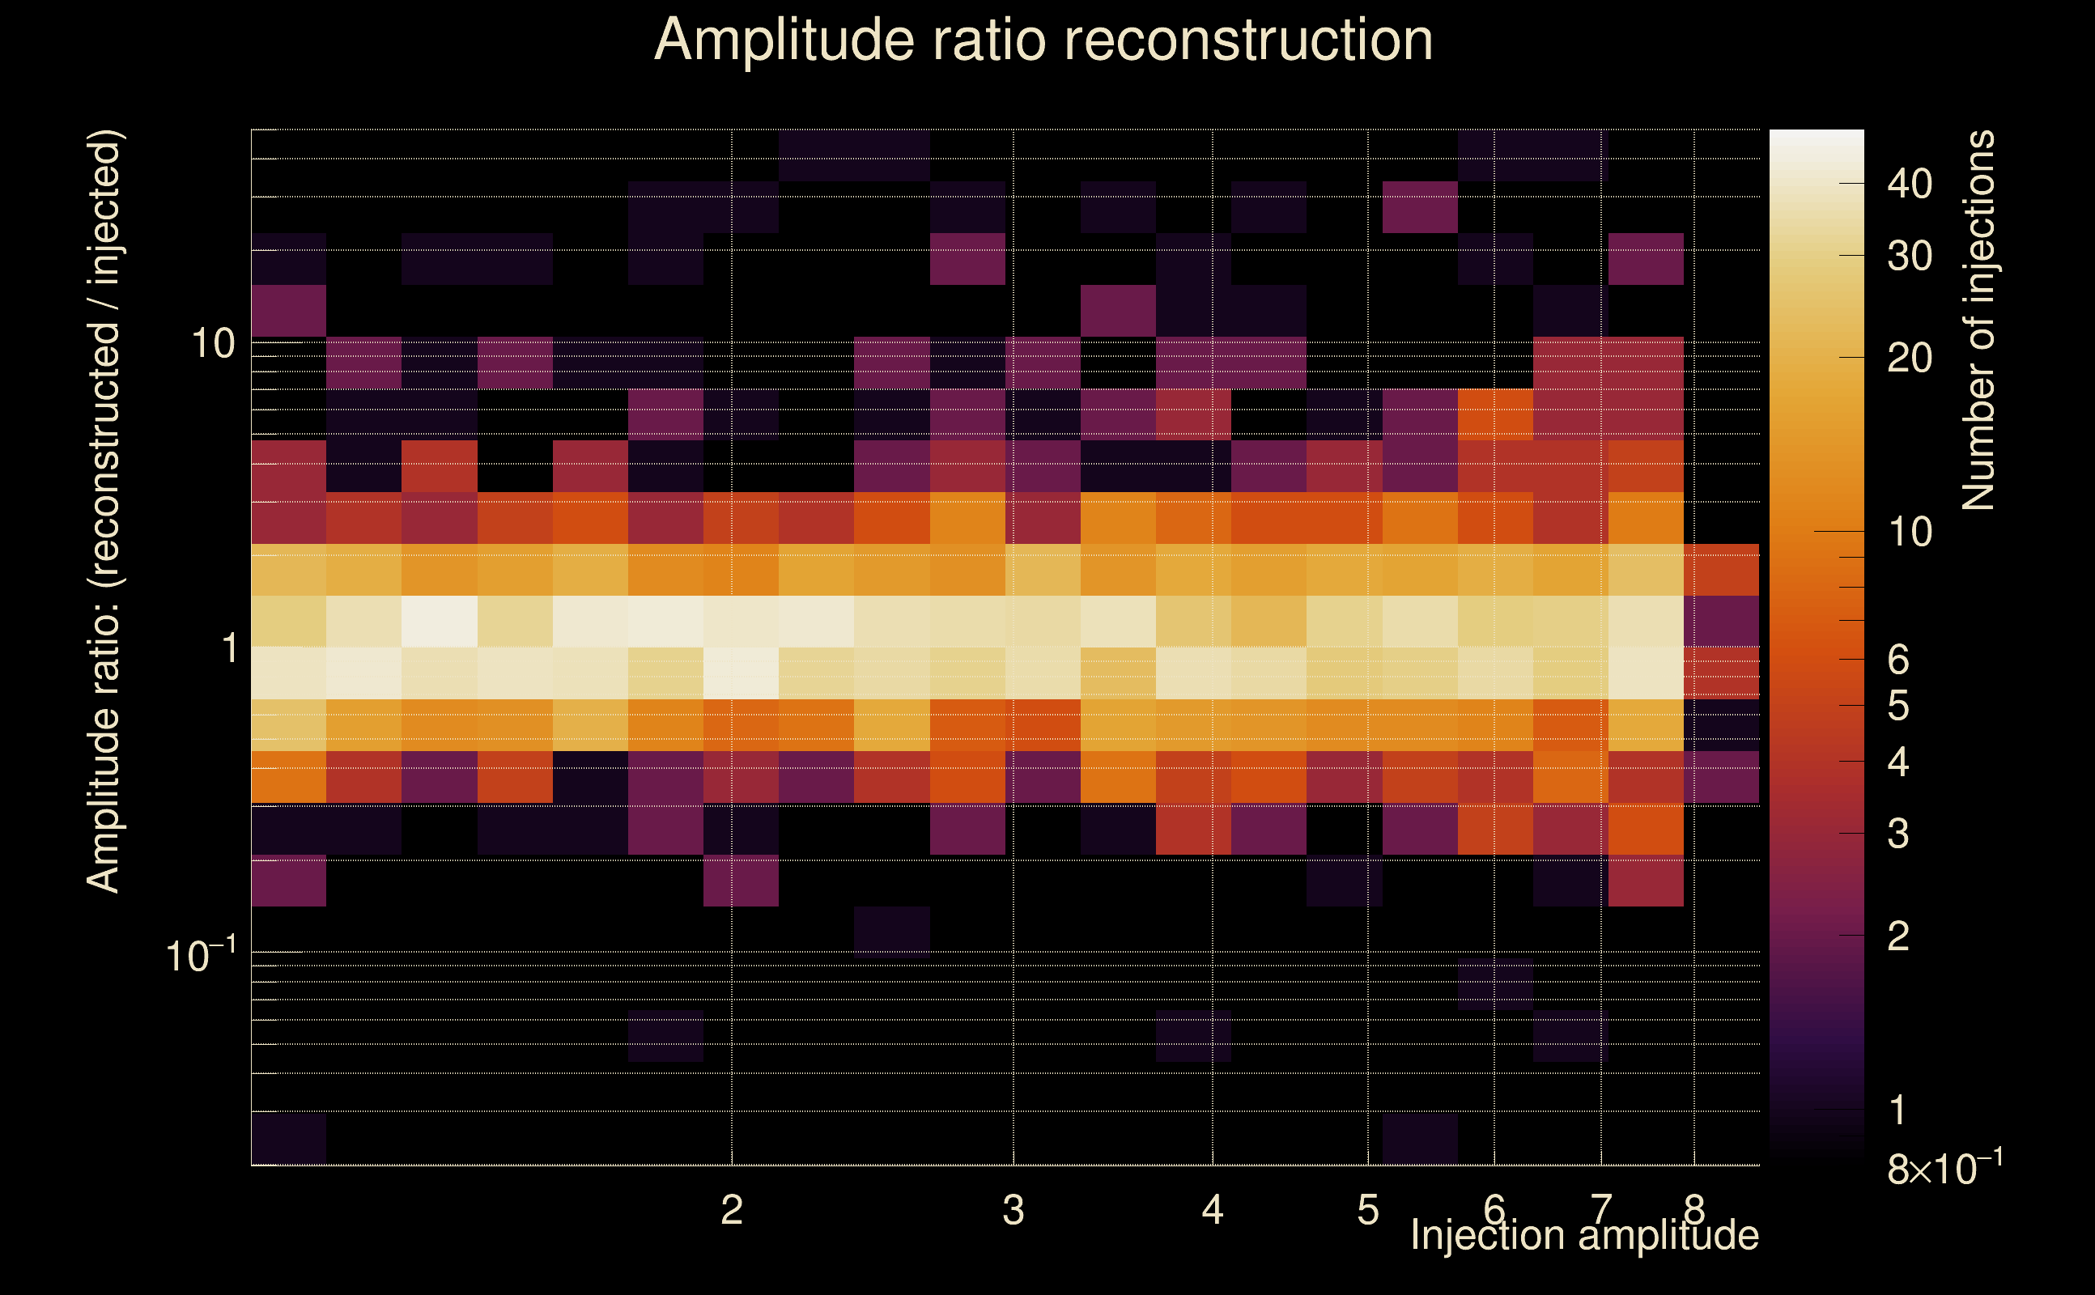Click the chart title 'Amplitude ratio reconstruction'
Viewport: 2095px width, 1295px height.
[1043, 40]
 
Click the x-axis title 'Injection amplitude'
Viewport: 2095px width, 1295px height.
[1584, 1235]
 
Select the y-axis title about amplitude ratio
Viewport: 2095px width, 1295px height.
[104, 512]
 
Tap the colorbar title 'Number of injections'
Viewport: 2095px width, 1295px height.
[1978, 321]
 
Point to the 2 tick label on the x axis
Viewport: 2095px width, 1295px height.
[731, 1210]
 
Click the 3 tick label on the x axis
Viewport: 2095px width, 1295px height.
[1014, 1210]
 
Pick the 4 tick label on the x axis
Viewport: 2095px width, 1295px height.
[1212, 1210]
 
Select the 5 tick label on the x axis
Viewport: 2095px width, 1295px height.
[1368, 1210]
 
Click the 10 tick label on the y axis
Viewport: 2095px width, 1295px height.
[212, 343]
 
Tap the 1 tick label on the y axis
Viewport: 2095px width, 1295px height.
[229, 648]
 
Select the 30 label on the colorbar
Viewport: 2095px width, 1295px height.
[1909, 256]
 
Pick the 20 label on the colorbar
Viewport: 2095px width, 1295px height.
[1909, 358]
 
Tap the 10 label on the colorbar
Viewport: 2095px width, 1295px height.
[1909, 532]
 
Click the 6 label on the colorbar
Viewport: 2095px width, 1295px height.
[1898, 660]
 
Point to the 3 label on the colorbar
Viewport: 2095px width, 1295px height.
[1898, 834]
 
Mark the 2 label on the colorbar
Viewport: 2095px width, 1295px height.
[1898, 936]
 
